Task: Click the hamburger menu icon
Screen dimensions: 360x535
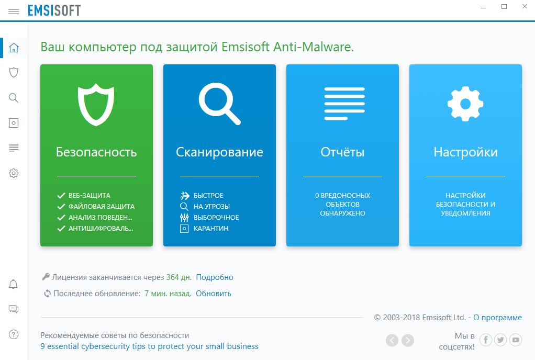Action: click(x=14, y=11)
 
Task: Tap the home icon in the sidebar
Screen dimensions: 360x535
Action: click(x=14, y=48)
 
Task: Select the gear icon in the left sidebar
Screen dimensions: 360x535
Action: click(x=14, y=173)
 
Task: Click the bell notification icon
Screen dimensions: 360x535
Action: click(x=14, y=285)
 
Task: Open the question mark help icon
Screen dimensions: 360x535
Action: click(x=14, y=334)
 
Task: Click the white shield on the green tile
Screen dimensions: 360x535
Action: click(x=96, y=103)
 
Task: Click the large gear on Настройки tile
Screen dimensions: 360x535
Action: click(x=465, y=103)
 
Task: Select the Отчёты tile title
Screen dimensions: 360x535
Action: click(x=342, y=152)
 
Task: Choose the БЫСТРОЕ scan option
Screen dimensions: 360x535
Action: click(x=208, y=196)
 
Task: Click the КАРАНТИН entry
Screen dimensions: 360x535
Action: click(x=211, y=229)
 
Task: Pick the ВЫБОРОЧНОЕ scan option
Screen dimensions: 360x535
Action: click(x=216, y=218)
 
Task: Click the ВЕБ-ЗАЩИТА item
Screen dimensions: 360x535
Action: click(x=89, y=196)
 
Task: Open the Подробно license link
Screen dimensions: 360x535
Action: click(x=215, y=277)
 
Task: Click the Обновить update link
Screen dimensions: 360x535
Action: click(x=214, y=294)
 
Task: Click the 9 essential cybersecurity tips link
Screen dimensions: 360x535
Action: click(x=149, y=346)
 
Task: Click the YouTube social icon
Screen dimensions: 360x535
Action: click(x=516, y=341)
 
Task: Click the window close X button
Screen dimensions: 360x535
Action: click(x=523, y=7)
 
